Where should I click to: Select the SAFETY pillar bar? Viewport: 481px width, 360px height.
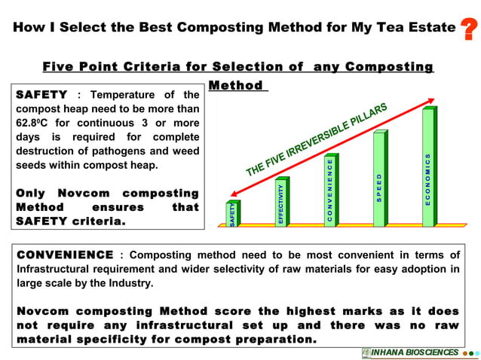[232, 214]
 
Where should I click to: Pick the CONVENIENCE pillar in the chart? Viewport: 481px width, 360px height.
[329, 191]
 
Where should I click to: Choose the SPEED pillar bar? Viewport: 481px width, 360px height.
[378, 179]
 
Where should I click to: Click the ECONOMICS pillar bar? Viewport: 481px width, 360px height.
[427, 168]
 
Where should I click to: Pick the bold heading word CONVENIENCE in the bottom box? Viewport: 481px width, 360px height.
[65, 256]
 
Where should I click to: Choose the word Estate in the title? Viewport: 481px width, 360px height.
[430, 28]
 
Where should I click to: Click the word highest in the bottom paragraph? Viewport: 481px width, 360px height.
[286, 312]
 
